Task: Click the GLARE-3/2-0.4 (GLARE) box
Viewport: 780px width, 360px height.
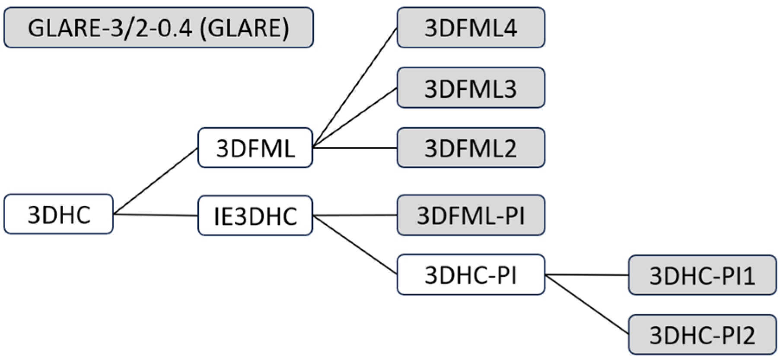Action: click(x=158, y=28)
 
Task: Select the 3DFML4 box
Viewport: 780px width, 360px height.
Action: click(x=471, y=28)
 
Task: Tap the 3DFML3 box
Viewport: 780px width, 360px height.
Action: click(x=471, y=88)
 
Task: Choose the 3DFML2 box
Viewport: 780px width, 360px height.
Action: click(x=471, y=148)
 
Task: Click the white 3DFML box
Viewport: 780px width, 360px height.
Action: click(x=255, y=148)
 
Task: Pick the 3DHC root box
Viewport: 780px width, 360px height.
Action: click(x=59, y=214)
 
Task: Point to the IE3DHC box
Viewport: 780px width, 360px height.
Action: click(x=255, y=216)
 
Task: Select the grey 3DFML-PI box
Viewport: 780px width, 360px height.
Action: click(x=471, y=215)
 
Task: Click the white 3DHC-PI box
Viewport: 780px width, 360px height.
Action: click(x=471, y=275)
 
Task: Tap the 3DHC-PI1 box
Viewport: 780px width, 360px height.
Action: click(x=702, y=275)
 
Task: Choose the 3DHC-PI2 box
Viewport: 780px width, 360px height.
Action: click(x=702, y=335)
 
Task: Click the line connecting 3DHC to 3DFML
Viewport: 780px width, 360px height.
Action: click(x=156, y=181)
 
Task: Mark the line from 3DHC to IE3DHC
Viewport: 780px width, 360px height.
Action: click(x=156, y=215)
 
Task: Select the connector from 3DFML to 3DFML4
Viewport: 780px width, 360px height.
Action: click(x=354, y=88)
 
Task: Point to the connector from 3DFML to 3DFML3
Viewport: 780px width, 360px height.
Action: click(x=354, y=118)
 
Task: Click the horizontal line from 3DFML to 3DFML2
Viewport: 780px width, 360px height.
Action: click(x=354, y=148)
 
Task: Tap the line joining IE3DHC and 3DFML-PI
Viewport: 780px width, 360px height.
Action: click(x=354, y=215)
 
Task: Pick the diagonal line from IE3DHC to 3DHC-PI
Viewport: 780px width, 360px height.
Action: click(x=354, y=245)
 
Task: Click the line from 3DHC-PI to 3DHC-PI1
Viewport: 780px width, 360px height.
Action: click(x=586, y=275)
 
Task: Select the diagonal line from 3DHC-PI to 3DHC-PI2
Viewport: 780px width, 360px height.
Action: click(x=586, y=304)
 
